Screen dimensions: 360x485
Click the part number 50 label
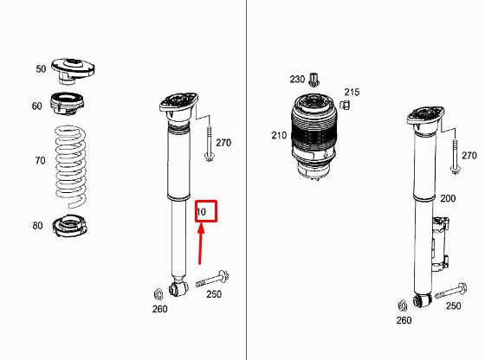point(40,69)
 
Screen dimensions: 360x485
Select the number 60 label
point(36,106)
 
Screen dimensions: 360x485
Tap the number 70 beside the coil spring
point(40,160)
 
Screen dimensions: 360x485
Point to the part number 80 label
point(37,226)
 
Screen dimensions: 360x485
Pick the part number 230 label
point(297,80)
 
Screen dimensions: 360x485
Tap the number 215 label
point(352,92)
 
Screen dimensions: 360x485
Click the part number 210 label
point(279,135)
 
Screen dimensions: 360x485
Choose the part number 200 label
point(447,199)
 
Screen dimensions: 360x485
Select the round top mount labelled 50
point(75,67)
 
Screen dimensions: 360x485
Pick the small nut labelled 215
point(344,105)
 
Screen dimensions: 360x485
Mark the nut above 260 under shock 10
point(158,292)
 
